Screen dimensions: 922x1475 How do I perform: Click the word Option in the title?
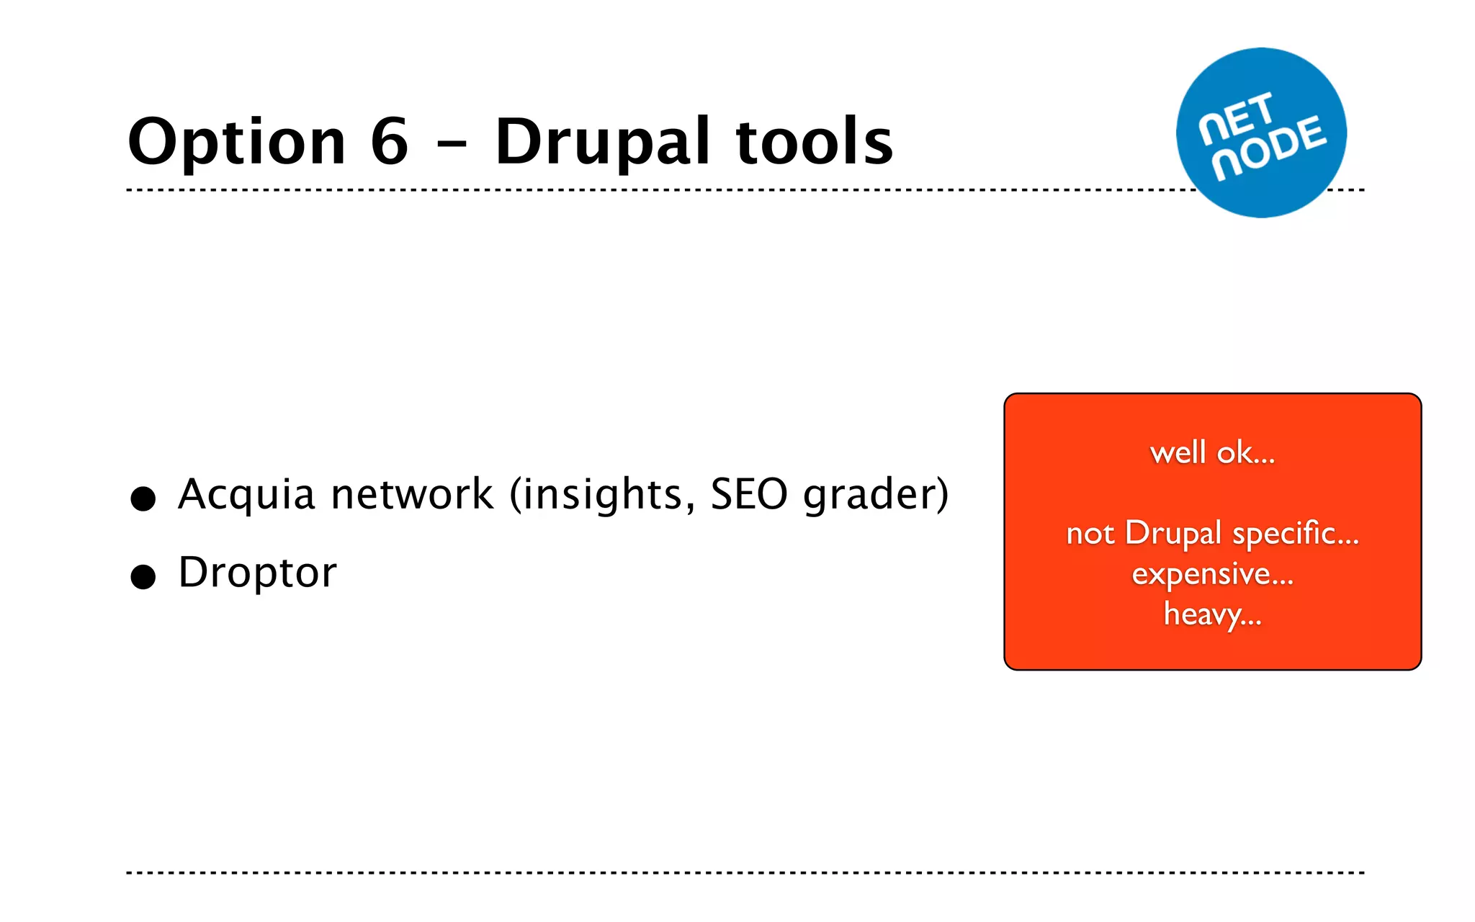237,143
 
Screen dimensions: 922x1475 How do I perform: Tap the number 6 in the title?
390,141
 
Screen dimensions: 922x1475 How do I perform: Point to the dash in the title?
452,144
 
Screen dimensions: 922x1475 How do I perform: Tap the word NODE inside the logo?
1270,148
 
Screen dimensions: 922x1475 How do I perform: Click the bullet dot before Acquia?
143,498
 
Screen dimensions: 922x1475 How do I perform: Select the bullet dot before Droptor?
143,577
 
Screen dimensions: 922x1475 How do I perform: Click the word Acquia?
246,496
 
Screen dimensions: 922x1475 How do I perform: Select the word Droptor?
257,573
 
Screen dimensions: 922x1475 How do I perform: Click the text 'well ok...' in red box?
1212,453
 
